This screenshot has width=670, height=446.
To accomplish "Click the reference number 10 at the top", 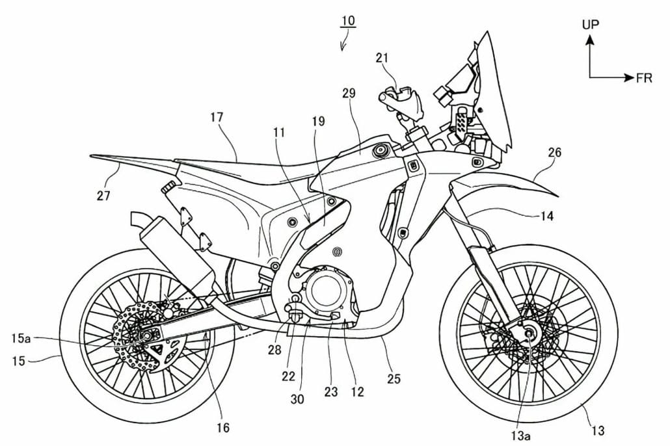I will pyautogui.click(x=348, y=21).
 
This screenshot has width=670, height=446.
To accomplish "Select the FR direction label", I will pyautogui.click(x=644, y=78).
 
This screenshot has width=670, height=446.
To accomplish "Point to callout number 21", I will pyautogui.click(x=382, y=59).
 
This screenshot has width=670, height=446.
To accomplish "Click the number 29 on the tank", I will pyautogui.click(x=349, y=94).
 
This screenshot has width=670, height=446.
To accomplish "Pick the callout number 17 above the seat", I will pyautogui.click(x=217, y=118).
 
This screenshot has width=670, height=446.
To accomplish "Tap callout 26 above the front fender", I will pyautogui.click(x=554, y=153).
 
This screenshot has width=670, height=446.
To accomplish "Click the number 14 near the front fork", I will pyautogui.click(x=547, y=216).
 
